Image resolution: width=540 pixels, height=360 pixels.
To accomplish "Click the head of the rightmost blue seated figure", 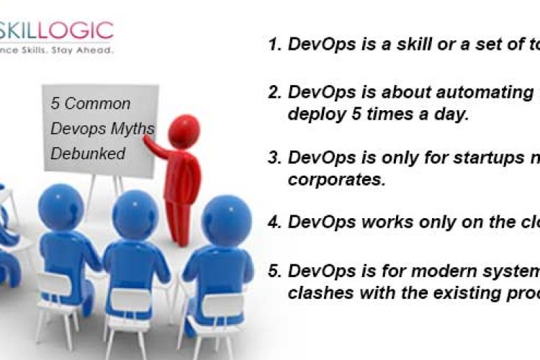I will point(225,216).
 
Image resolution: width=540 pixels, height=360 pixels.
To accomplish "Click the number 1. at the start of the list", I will point(274,44).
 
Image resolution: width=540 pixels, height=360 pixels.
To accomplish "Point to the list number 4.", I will point(274,222).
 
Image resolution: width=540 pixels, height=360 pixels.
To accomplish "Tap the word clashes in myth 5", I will point(316,293).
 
